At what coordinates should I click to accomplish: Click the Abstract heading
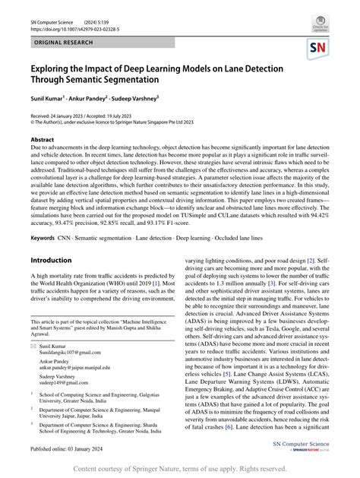tap(42, 141)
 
